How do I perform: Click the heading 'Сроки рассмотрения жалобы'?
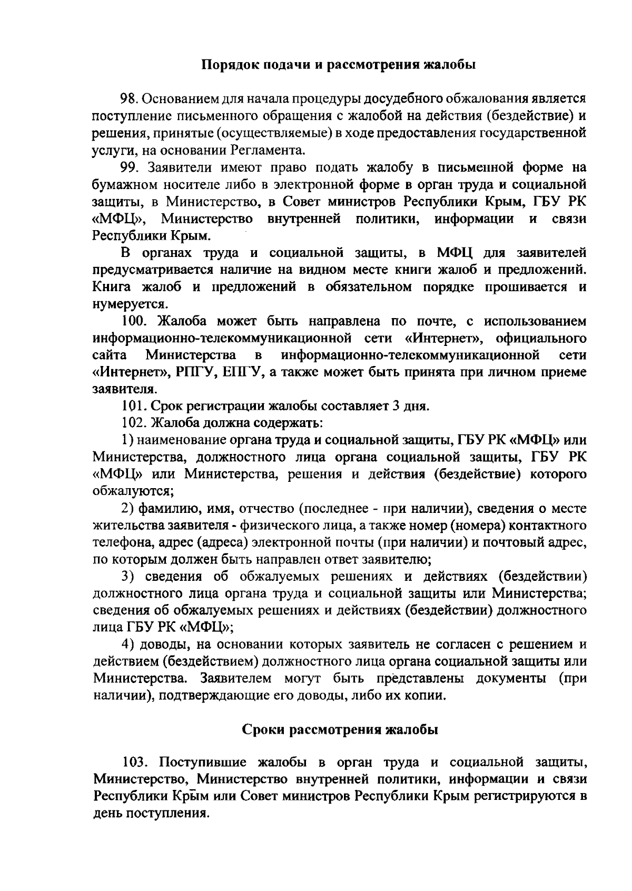pyautogui.click(x=340, y=730)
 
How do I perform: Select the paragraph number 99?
pyautogui.click(x=129, y=167)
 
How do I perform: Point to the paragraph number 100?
pyautogui.click(x=132, y=321)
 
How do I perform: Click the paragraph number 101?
pyautogui.click(x=132, y=406)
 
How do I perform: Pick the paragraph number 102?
pyautogui.click(x=132, y=423)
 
